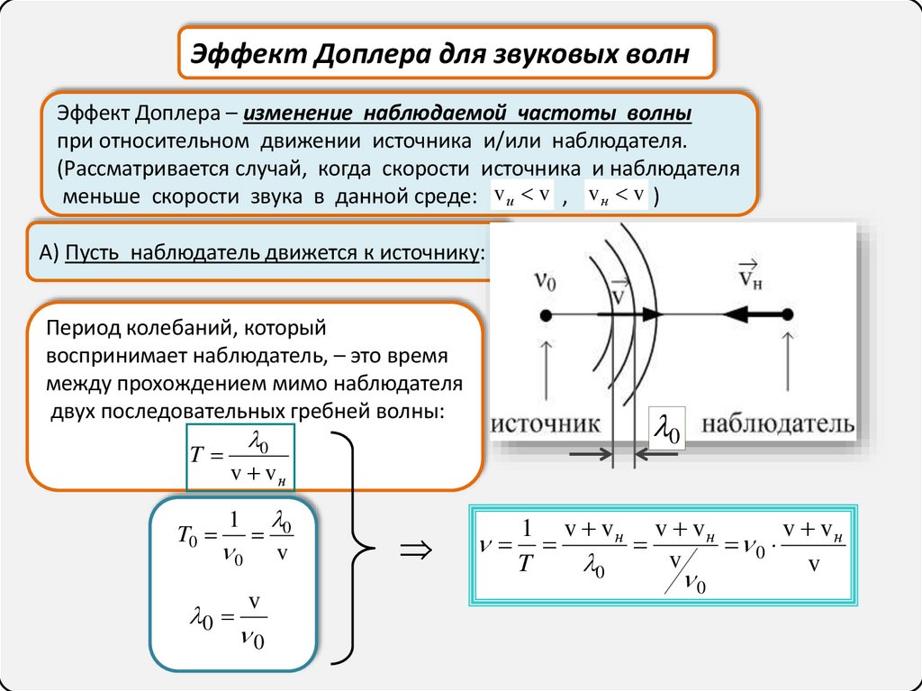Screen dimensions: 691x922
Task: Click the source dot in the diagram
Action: pyautogui.click(x=546, y=314)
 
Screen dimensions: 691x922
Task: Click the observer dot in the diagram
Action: pyautogui.click(x=787, y=314)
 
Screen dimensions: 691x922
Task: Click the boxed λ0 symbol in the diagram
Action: pyautogui.click(x=668, y=430)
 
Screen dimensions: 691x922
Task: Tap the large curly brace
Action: pyautogui.click(x=354, y=546)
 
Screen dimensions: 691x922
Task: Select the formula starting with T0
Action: pyautogui.click(x=233, y=538)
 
